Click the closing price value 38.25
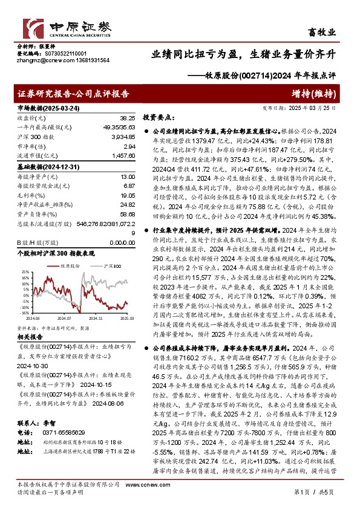[x=127, y=118]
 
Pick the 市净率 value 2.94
[x=129, y=146]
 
